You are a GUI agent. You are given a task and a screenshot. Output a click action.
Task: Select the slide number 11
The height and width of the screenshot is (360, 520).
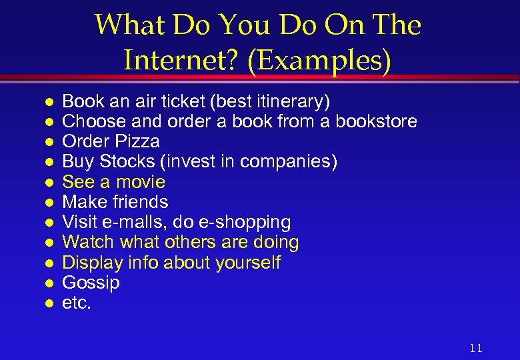coord(475,348)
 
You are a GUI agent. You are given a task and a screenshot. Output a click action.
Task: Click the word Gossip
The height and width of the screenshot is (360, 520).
coord(91,283)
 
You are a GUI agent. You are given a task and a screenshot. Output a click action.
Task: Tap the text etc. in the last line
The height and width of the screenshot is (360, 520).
coord(76,303)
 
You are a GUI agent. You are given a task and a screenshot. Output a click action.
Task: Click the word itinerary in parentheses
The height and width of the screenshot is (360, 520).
coord(290,101)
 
